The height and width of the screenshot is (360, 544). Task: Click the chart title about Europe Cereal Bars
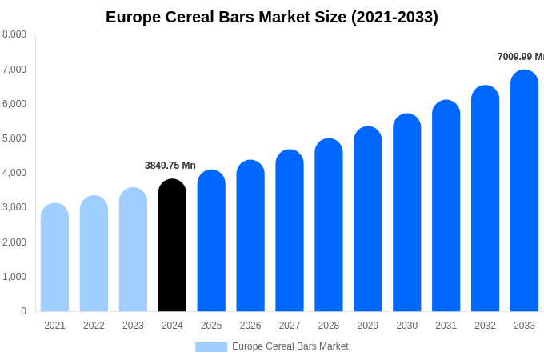272,17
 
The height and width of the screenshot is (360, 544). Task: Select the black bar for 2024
172,248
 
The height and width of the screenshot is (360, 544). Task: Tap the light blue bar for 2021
54,260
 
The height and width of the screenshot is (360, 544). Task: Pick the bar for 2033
524,192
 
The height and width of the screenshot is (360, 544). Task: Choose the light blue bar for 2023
133,252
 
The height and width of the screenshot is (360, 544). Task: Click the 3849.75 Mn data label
170,166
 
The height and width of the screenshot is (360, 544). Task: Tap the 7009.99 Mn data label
520,57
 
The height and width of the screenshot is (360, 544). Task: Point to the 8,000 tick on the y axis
14,34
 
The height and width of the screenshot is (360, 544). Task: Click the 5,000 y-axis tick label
14,138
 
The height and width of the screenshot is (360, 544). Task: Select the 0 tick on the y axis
23,311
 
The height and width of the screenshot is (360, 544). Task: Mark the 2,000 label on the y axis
14,242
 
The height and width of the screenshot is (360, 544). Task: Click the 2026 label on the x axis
250,326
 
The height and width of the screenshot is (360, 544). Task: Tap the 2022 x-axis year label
94,326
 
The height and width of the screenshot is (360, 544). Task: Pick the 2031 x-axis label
446,326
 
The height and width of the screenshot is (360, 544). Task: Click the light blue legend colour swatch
211,347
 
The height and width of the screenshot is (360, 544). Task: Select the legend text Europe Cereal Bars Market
290,346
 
